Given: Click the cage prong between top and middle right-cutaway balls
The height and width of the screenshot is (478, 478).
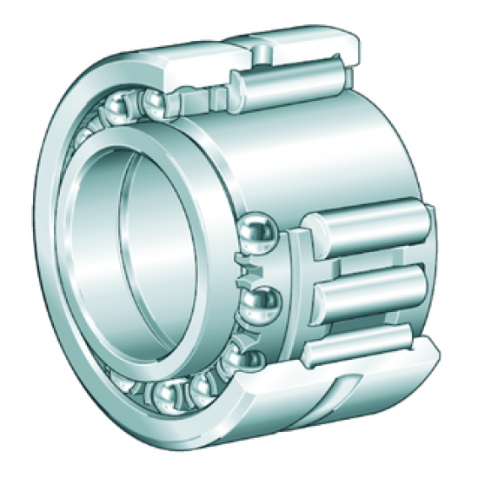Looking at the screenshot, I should click(246, 269).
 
